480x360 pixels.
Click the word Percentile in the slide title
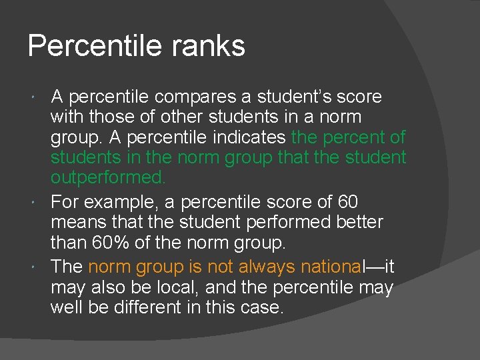coord(86,46)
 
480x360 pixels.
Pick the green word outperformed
coord(107,178)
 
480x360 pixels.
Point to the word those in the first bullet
coord(113,117)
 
